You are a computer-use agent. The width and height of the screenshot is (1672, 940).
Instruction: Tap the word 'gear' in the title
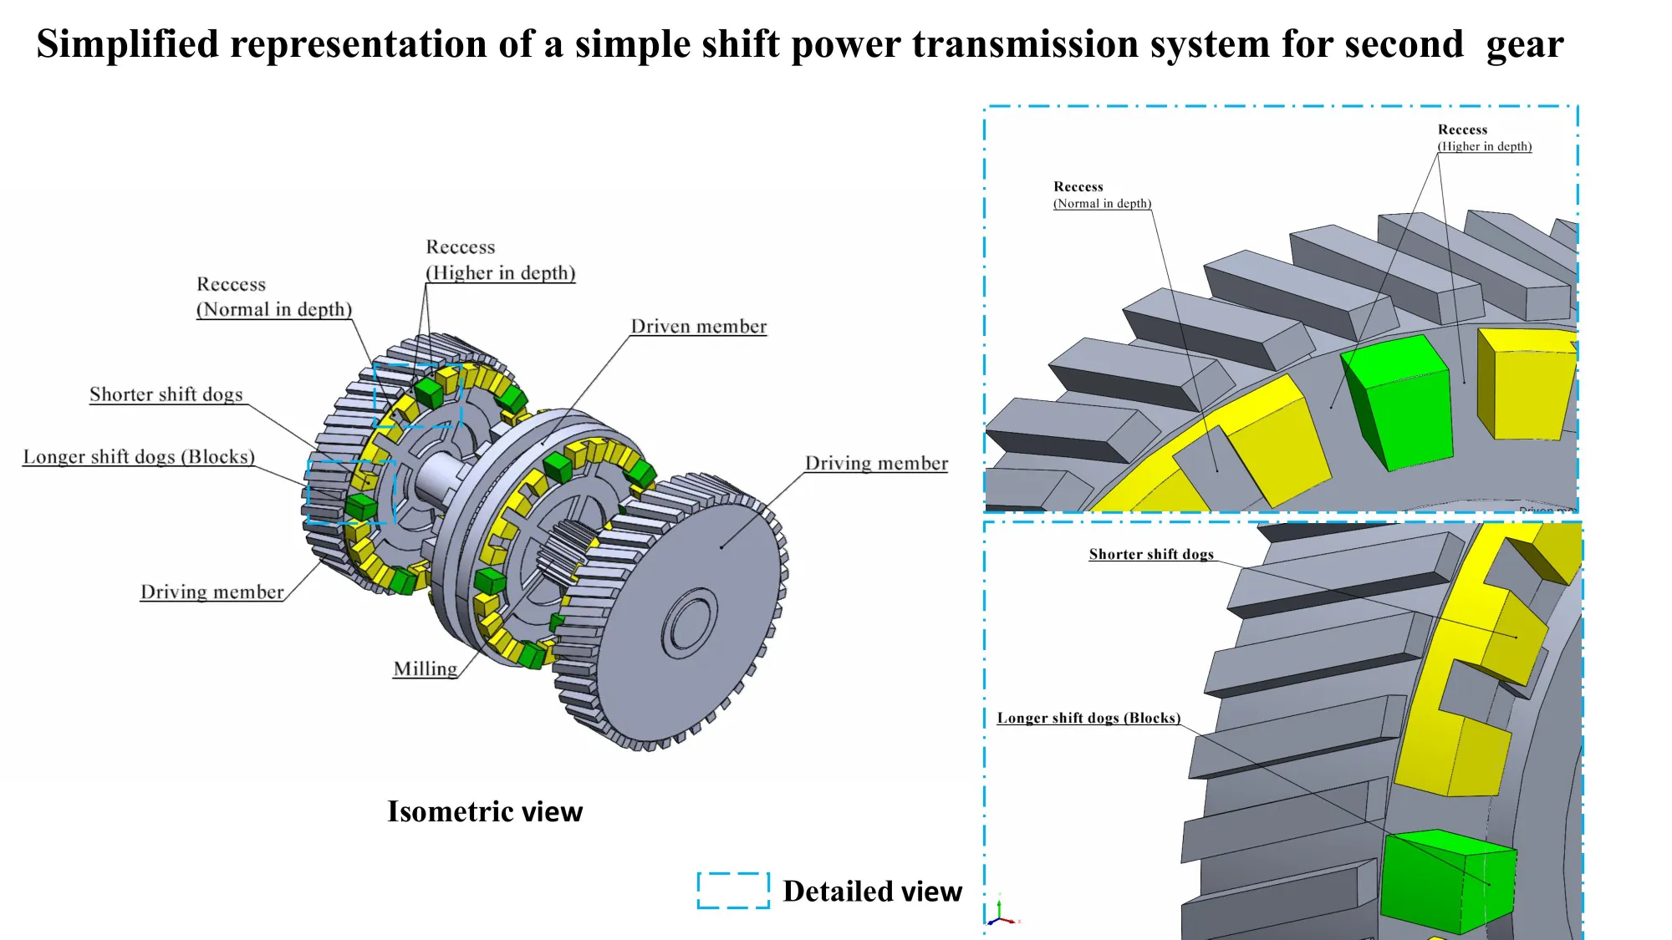[1524, 44]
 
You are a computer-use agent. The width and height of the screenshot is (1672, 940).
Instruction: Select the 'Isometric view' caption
[485, 811]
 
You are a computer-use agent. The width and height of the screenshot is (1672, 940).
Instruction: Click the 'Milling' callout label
[426, 669]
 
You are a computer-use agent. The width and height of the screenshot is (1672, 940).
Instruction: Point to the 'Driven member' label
[698, 327]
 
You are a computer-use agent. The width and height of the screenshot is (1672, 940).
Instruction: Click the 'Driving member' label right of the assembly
[876, 464]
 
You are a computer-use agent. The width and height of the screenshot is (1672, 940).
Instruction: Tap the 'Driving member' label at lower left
[212, 592]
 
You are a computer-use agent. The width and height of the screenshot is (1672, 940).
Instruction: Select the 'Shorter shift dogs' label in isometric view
[166, 394]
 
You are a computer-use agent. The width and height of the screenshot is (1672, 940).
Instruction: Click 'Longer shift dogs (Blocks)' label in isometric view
[139, 457]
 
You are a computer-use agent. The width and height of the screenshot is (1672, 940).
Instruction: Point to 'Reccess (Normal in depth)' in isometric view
[273, 297]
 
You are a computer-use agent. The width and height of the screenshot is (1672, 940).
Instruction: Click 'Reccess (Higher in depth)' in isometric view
[500, 260]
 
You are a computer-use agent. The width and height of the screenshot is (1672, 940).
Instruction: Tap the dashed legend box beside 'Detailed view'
[733, 891]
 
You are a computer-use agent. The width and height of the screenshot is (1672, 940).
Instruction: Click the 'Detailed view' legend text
[872, 892]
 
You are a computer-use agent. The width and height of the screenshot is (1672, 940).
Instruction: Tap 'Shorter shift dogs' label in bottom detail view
[1150, 555]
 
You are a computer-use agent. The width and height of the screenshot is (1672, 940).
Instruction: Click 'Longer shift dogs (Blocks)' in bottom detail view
[1088, 719]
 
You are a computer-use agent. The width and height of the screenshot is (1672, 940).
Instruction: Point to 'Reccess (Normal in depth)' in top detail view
[1101, 195]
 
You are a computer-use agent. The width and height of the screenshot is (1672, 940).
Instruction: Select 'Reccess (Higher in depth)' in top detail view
[1484, 138]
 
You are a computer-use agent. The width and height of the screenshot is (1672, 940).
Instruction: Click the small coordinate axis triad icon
[1001, 912]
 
